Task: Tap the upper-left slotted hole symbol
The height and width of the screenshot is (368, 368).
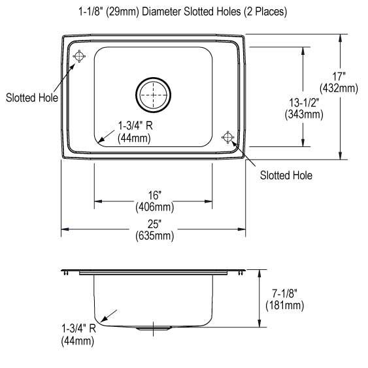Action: click(79, 57)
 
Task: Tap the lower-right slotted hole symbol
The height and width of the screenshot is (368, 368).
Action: click(228, 137)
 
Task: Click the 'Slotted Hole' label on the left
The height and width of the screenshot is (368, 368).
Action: click(31, 98)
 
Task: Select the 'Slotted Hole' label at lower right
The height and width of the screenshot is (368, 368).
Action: click(286, 175)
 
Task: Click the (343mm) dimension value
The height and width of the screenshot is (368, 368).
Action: click(304, 114)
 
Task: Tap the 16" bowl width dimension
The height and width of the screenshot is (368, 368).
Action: click(154, 196)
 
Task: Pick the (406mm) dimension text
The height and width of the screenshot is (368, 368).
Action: click(154, 207)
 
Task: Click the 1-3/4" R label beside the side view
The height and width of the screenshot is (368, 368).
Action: click(78, 329)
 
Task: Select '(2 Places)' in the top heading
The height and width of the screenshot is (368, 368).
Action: click(263, 12)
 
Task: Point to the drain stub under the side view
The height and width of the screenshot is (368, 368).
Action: click(154, 329)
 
